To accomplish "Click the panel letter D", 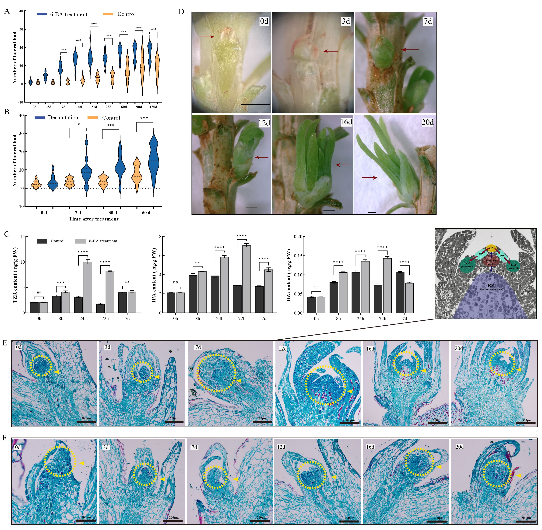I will tap(181, 12).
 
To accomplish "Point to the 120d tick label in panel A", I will tap(153, 107).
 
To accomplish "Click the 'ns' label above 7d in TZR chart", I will tap(127, 281).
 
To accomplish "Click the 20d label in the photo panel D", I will tap(427, 122).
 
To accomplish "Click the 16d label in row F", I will tap(370, 447).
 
